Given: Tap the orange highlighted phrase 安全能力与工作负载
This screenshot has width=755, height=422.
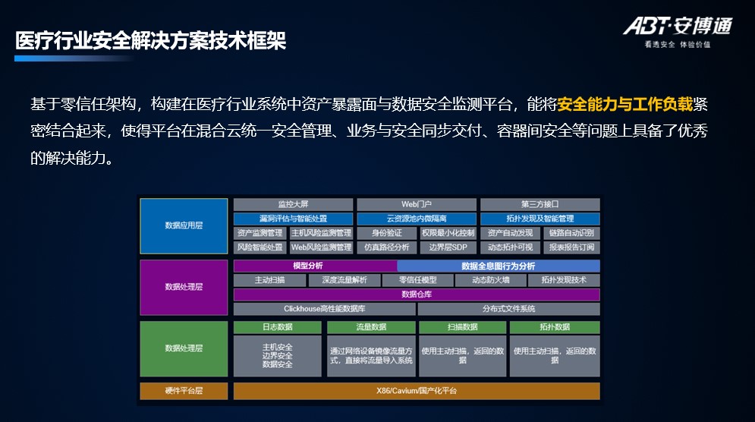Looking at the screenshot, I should pyautogui.click(x=625, y=104).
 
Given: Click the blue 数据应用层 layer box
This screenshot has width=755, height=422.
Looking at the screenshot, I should pyautogui.click(x=184, y=225).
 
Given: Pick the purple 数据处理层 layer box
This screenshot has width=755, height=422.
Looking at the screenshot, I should pyautogui.click(x=184, y=287).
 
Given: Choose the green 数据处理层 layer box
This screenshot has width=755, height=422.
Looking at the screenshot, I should pyautogui.click(x=184, y=348).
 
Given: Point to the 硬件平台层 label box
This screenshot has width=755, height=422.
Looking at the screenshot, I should pyautogui.click(x=184, y=391).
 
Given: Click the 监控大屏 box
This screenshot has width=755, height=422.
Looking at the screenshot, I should pyautogui.click(x=293, y=204).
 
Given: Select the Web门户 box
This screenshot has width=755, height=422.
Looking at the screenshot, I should pyautogui.click(x=417, y=204).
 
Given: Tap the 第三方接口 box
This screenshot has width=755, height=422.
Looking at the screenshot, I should pyautogui.click(x=540, y=204).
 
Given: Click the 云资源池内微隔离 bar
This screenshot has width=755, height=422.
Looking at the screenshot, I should pyautogui.click(x=417, y=219).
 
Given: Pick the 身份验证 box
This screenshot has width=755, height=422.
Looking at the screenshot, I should pyautogui.click(x=386, y=233).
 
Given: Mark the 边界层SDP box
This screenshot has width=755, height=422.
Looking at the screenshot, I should pyautogui.click(x=448, y=247).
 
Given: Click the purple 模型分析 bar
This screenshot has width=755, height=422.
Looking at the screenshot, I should pyautogui.click(x=314, y=266).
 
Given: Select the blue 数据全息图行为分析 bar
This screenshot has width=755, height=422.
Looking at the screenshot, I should pyautogui.click(x=499, y=266).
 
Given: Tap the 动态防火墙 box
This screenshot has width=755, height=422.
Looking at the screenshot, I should pyautogui.click(x=490, y=280).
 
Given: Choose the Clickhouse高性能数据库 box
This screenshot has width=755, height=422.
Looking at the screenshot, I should pyautogui.click(x=324, y=309).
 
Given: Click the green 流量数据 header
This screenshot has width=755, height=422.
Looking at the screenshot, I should pyautogui.click(x=371, y=327).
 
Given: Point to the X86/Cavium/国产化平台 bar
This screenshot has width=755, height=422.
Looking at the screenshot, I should pyautogui.click(x=417, y=391).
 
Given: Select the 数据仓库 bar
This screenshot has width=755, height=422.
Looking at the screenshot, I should pyautogui.click(x=417, y=294).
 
